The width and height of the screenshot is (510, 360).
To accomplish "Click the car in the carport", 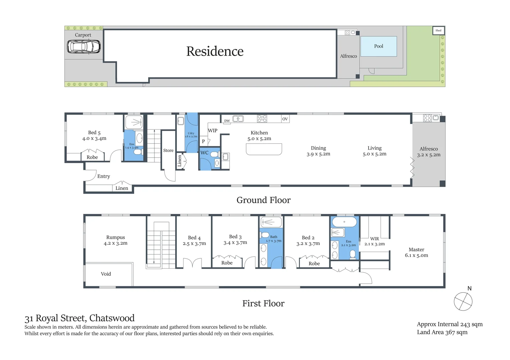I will [x=83, y=47].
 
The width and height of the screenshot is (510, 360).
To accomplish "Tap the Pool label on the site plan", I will [x=379, y=46].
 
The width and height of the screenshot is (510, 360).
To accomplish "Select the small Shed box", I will [x=438, y=30].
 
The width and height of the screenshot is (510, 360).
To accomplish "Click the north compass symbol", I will [x=463, y=301].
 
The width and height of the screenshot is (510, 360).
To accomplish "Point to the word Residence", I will [x=215, y=51].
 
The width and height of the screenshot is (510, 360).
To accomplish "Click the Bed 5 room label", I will [x=94, y=133].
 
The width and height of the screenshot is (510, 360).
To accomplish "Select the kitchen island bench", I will [x=264, y=149].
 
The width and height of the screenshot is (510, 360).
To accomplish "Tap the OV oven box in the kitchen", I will [x=285, y=119].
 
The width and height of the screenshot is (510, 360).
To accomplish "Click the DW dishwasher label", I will [x=227, y=121].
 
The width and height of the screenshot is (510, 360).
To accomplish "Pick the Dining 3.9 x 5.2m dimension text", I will [x=318, y=154].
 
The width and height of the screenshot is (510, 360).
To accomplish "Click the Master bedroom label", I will [x=416, y=250].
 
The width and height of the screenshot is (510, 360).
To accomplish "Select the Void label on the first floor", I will [x=106, y=274].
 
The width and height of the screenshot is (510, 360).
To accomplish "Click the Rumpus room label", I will [x=115, y=237].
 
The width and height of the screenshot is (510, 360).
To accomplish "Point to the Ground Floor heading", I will [x=264, y=200].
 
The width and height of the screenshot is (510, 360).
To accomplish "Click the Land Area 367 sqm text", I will [x=442, y=332].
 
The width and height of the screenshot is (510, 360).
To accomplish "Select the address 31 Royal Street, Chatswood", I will [x=79, y=318].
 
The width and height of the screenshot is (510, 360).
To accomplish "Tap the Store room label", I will [x=168, y=151].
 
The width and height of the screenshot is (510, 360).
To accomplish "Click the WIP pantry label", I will [x=212, y=131].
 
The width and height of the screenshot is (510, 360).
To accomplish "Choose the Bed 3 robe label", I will [x=227, y=263].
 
